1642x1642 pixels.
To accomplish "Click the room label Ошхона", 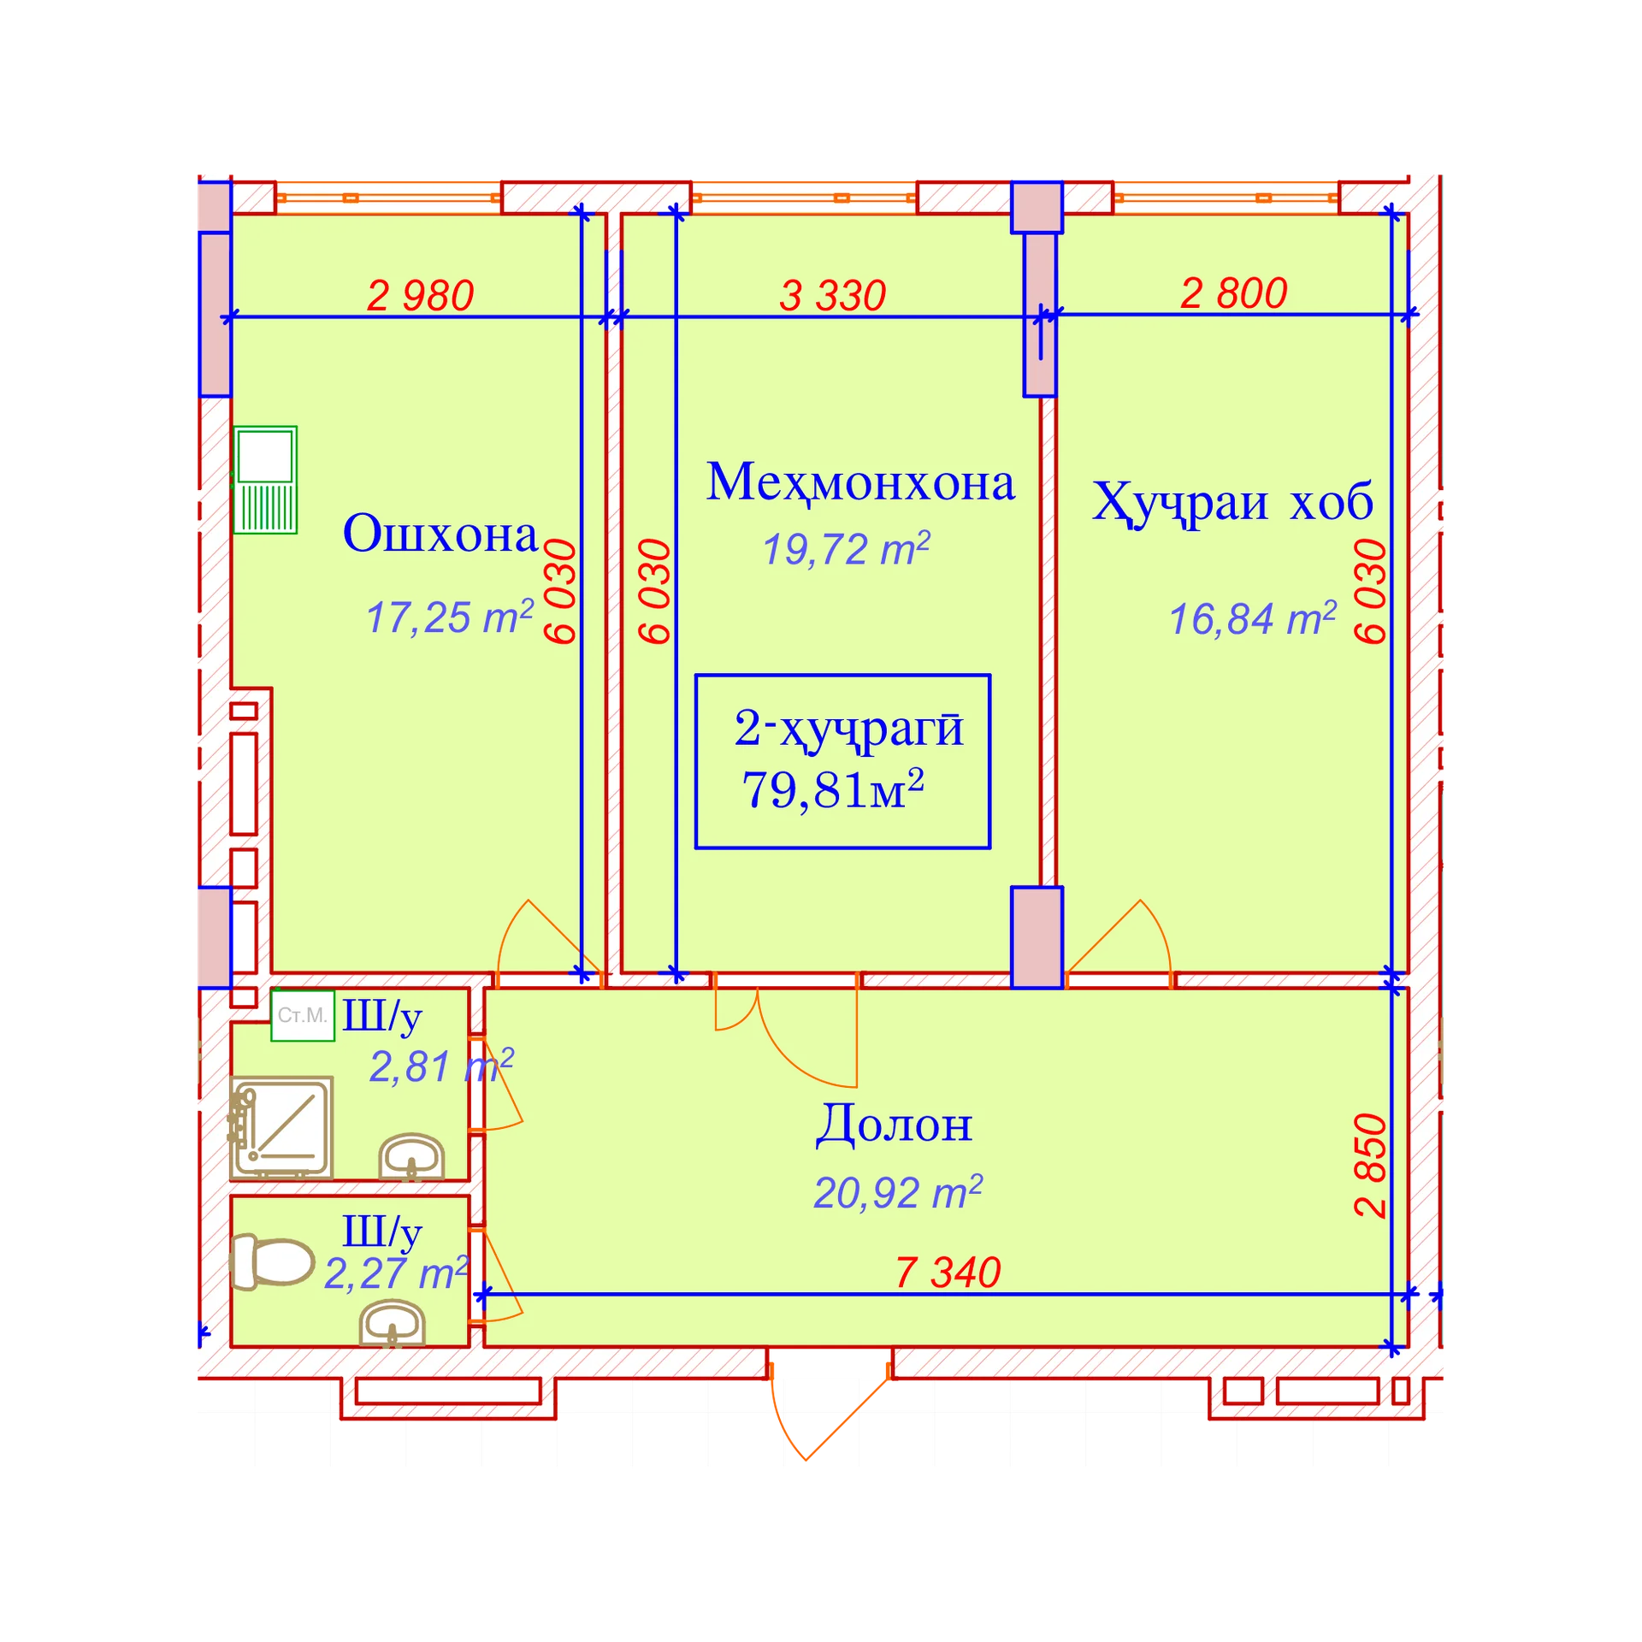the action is [x=440, y=534].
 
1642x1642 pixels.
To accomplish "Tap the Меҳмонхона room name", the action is [x=860, y=482].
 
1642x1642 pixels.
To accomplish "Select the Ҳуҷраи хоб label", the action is [x=1232, y=503].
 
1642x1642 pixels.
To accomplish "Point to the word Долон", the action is [x=894, y=1124].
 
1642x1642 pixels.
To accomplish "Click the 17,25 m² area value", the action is [x=450, y=617].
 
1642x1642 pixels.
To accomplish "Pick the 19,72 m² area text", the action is [x=846, y=548].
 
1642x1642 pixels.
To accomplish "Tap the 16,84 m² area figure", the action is [x=1252, y=618].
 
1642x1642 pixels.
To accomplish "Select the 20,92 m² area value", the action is [x=898, y=1192].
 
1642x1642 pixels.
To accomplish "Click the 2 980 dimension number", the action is [x=420, y=296].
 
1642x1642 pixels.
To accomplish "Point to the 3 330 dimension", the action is [x=832, y=296].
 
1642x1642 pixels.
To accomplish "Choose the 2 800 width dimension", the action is [x=1233, y=293].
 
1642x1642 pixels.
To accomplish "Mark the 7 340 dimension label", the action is [x=948, y=1273].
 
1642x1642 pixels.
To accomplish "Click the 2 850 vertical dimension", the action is [x=1370, y=1165].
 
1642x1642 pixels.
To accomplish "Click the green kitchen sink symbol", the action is [x=265, y=480].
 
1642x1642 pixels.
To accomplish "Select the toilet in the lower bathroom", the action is [x=273, y=1261].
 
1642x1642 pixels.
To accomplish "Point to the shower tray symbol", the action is [x=281, y=1127].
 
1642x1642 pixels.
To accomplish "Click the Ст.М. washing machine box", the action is [x=303, y=1015].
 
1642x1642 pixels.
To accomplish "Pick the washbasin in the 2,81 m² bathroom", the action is [x=411, y=1157].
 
